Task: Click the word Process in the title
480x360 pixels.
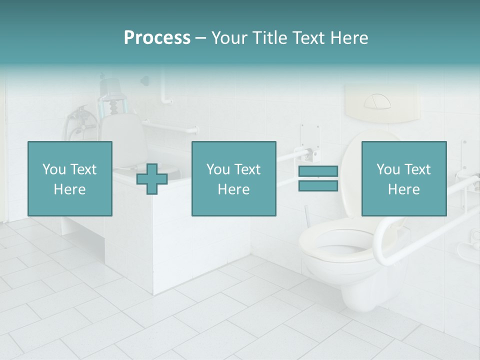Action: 157,38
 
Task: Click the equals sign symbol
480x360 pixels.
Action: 318,178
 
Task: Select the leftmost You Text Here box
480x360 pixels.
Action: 70,178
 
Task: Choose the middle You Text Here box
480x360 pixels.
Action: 233,178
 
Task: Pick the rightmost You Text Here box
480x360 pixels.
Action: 403,178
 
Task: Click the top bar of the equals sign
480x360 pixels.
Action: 318,171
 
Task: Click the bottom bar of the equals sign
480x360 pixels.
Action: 318,185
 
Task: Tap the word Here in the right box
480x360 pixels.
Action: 403,189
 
